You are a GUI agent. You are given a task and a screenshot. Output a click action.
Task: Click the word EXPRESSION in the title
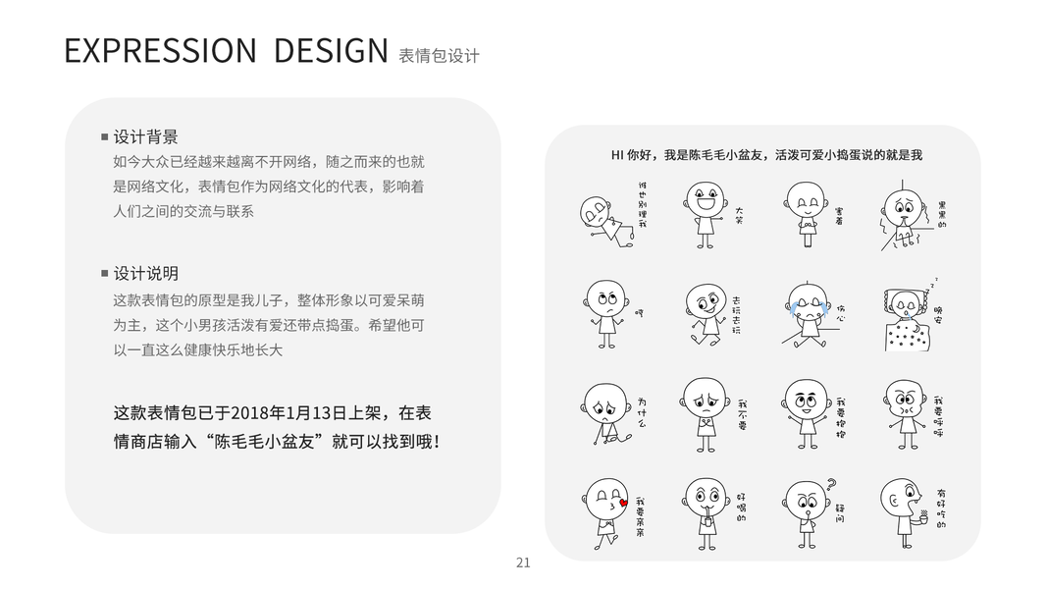point(160,51)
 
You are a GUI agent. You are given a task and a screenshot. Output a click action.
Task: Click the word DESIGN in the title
point(331,51)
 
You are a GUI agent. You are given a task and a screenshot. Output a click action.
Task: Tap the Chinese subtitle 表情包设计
point(439,56)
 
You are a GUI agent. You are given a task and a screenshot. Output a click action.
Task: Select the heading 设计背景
point(145,136)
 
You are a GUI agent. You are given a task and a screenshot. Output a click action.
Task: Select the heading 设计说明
point(145,273)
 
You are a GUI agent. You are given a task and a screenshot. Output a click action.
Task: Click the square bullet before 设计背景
point(105,136)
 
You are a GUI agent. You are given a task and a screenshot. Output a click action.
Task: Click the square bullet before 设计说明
point(105,273)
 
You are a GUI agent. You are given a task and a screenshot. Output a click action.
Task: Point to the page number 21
point(523,562)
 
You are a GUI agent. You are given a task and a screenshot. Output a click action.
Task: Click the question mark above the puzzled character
point(831,483)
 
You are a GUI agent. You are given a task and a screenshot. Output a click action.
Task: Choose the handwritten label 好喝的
point(742,510)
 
